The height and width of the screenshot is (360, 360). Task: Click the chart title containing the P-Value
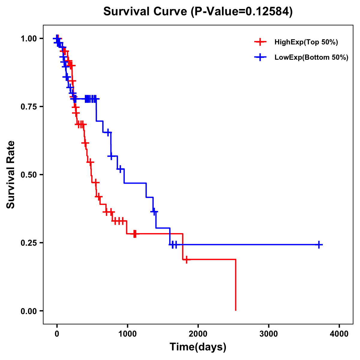coord(198,12)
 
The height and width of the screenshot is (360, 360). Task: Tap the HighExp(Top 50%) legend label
coord(306,42)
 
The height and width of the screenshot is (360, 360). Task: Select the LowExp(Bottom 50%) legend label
coord(311,58)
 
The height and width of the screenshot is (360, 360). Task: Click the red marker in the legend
coord(260,42)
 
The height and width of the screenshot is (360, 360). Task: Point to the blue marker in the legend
coord(260,58)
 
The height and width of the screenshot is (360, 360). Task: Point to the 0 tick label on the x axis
coord(57,334)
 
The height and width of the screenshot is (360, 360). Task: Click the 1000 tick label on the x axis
coord(127,334)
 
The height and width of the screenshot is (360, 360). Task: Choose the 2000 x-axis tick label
coord(198,334)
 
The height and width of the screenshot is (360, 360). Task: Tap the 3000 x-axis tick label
coord(269,334)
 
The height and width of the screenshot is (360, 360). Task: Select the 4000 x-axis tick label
coord(339,334)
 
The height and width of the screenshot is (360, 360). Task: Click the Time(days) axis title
coord(198,347)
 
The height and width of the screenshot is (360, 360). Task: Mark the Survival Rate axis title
coord(11,175)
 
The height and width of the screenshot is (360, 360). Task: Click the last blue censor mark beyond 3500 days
coord(319,245)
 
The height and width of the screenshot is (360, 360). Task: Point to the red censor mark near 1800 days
coord(187,259)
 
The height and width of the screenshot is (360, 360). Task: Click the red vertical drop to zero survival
coord(236,285)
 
